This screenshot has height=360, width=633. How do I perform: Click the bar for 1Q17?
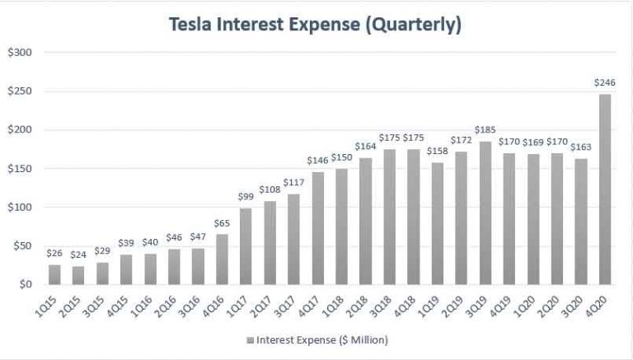coord(246,246)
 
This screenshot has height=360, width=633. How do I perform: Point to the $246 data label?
coord(605,83)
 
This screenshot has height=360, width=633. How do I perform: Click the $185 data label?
coord(485,130)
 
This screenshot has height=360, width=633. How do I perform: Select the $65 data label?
coord(223,223)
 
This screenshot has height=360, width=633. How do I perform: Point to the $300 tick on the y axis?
coord(19,53)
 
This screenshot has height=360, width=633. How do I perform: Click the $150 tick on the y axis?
coord(19,169)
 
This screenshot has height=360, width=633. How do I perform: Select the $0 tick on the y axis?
coord(24,285)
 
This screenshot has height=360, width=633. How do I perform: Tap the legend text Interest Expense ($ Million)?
coord(321,339)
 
